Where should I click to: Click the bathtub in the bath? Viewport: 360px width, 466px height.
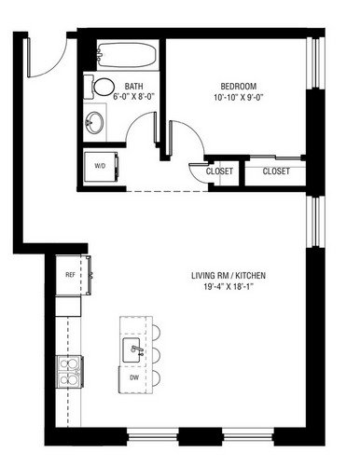(x=128, y=55)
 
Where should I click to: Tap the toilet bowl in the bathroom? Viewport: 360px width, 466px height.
(x=104, y=87)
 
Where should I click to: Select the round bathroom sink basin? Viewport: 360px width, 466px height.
(x=94, y=123)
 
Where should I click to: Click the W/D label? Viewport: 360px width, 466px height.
(x=100, y=166)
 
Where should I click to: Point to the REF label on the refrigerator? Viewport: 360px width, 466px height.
(x=70, y=275)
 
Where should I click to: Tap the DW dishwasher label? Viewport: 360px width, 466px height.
(x=134, y=377)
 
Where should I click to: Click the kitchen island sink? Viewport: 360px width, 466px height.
(x=133, y=350)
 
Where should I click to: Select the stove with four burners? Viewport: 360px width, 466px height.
(x=70, y=372)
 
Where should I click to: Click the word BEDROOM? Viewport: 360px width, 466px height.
(x=239, y=86)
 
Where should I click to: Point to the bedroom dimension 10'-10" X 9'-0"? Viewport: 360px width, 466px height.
(x=239, y=98)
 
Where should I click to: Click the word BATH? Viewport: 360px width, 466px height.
(x=134, y=86)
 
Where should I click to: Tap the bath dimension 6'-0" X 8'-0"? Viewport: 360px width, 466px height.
(x=134, y=97)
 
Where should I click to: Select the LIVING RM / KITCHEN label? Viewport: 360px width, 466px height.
(x=228, y=275)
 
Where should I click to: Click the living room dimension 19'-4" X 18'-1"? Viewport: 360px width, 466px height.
(x=228, y=287)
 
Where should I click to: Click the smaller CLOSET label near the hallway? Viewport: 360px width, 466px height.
(x=219, y=171)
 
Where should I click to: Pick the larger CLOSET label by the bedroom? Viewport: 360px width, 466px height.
(x=276, y=171)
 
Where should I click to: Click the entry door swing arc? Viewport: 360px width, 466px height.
(x=56, y=63)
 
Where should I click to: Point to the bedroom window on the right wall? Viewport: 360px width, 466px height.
(x=315, y=63)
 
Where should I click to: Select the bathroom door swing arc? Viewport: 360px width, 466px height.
(x=134, y=119)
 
